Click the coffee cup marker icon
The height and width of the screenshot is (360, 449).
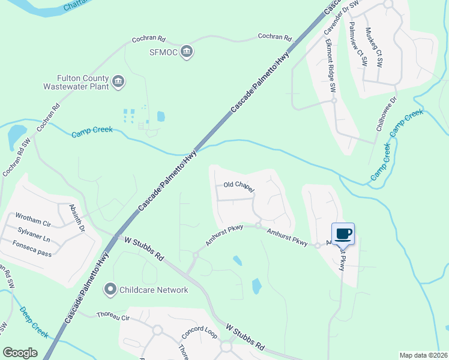(x=343, y=233)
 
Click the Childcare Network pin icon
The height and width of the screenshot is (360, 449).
(x=110, y=290)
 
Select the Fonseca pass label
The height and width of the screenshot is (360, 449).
(x=32, y=245)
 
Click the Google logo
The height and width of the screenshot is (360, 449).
(x=20, y=353)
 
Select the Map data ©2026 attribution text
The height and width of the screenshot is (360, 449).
(x=423, y=355)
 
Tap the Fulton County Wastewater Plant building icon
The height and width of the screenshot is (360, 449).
(x=118, y=82)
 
